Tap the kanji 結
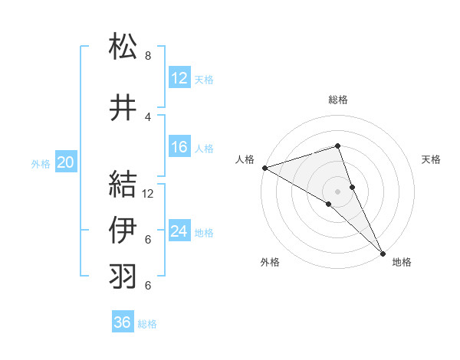point(123,184)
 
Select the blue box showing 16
point(179,148)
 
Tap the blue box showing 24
point(179,231)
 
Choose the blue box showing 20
point(66,162)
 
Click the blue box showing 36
point(122,322)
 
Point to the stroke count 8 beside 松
point(147,56)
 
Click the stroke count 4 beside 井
point(147,117)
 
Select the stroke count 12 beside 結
point(149,193)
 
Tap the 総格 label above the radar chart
point(337,100)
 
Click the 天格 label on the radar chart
point(431,159)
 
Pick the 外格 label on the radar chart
point(270,262)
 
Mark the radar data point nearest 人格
point(264,168)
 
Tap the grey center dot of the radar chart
point(337,191)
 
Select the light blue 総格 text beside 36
point(147,324)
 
